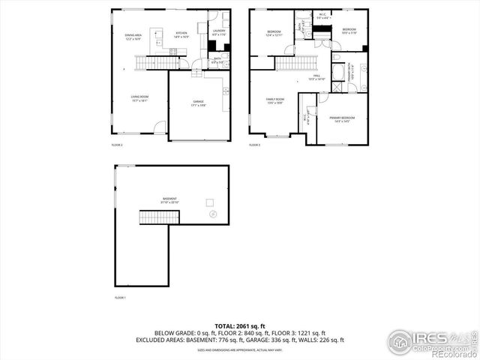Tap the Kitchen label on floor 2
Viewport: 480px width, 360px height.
(181, 34)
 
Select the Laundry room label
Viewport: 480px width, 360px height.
(218, 32)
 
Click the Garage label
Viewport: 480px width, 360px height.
(199, 103)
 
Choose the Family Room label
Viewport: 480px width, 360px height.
(275, 100)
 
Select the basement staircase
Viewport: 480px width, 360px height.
(159, 217)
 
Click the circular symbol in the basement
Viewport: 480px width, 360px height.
(212, 215)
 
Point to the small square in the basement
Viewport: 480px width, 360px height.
(211, 201)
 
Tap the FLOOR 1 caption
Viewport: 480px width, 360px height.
(119, 298)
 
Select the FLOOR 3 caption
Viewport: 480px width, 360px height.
(254, 144)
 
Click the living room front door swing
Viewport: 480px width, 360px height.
(159, 129)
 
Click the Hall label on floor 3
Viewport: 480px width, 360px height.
(316, 77)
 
